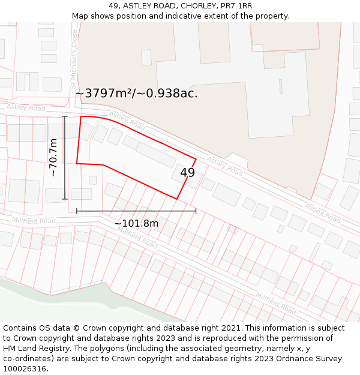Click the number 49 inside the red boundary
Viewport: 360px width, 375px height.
point(187,173)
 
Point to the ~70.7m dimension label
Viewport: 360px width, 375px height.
point(53,158)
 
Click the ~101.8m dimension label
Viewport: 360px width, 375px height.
point(136,224)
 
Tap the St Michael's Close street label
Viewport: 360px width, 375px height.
point(74,58)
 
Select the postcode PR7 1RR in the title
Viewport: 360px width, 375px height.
point(236,6)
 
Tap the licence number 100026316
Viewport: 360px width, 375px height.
point(24,369)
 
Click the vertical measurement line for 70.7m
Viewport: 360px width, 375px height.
point(65,158)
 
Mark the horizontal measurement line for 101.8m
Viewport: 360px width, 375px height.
point(136,211)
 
